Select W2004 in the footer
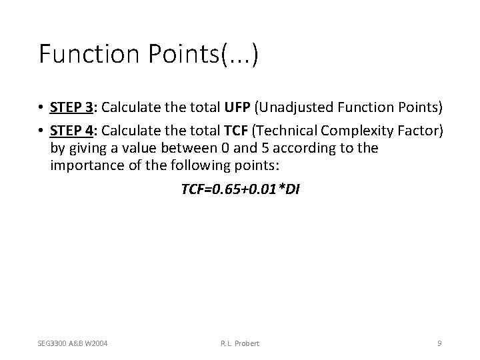pos(97,343)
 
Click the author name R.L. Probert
pos(239,343)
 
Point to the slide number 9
pos(439,343)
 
